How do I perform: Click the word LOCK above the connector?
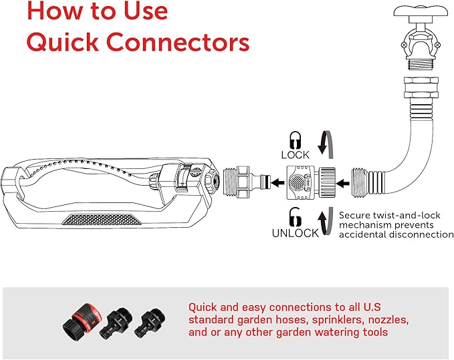(x=295, y=155)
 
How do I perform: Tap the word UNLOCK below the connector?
(x=295, y=233)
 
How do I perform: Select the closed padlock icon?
(x=294, y=140)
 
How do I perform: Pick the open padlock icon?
(x=294, y=216)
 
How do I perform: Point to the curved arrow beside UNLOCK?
(x=326, y=222)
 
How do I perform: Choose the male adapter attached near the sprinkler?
(x=243, y=180)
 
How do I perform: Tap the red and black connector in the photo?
(x=80, y=319)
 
